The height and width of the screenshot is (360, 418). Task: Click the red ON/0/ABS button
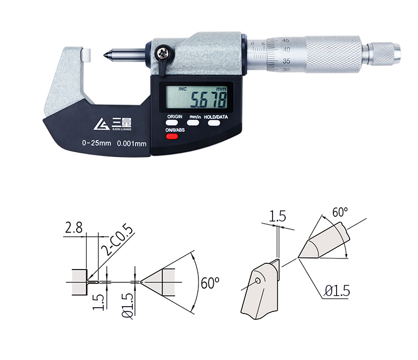pyautogui.click(x=172, y=136)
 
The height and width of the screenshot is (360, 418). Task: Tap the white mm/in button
pyautogui.click(x=193, y=123)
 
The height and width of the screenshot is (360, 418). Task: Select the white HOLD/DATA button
pyautogui.click(x=214, y=123)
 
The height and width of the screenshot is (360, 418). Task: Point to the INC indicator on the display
pyautogui.click(x=183, y=89)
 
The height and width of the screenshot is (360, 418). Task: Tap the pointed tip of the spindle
pyautogui.click(x=104, y=56)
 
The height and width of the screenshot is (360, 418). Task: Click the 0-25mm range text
pyautogui.click(x=96, y=143)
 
